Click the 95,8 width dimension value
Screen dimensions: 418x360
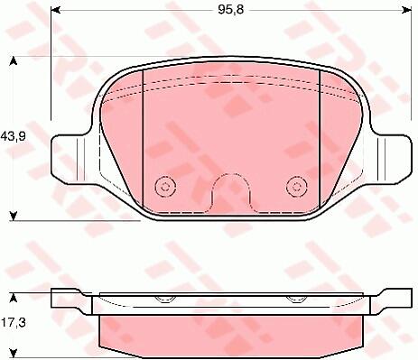[x=231, y=10]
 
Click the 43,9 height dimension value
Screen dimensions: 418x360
[x=14, y=137]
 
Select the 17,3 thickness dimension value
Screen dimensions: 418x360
[x=14, y=323]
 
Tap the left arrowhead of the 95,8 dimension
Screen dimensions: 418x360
[x=56, y=10]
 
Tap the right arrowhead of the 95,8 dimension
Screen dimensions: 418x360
[x=406, y=10]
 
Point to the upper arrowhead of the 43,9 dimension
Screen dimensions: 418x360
[x=13, y=60]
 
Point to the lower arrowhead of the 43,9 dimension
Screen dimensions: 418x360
[x=13, y=216]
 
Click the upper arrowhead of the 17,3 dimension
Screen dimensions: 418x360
[x=13, y=298]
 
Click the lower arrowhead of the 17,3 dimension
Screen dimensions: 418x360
[x=13, y=354]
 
